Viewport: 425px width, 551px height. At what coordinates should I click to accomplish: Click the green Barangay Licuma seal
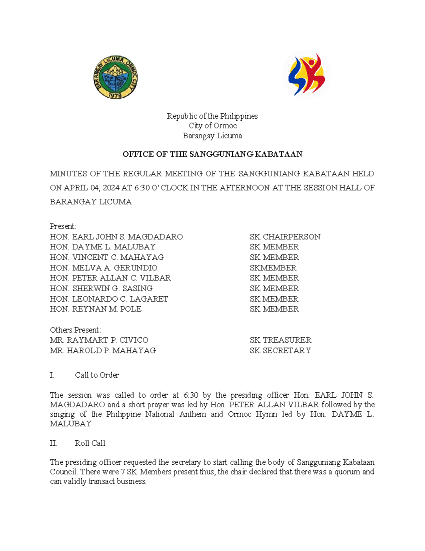click(115, 77)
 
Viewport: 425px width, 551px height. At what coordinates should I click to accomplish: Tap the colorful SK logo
click(306, 75)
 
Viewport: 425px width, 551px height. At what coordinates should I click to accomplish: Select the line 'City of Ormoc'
click(212, 126)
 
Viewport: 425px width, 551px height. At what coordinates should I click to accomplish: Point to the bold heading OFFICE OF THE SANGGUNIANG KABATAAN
click(212, 154)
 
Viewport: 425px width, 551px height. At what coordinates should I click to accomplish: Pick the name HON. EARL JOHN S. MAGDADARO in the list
click(116, 237)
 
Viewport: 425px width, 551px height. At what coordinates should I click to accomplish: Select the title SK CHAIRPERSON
click(285, 237)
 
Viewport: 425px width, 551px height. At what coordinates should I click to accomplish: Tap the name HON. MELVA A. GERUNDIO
click(103, 268)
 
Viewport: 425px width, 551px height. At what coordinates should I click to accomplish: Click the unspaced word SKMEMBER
click(273, 268)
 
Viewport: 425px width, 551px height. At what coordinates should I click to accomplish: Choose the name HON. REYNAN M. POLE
click(96, 309)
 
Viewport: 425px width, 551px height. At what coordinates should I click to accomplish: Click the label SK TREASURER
click(280, 340)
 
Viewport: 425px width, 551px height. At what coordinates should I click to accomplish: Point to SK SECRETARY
click(280, 351)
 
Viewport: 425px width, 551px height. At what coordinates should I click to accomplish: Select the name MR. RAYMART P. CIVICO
click(99, 340)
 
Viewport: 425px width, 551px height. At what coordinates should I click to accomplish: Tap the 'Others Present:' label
click(75, 330)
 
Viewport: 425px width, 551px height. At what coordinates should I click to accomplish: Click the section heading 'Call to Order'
click(97, 375)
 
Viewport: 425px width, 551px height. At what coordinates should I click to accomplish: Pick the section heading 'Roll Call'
click(90, 443)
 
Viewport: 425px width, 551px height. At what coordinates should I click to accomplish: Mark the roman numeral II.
click(53, 443)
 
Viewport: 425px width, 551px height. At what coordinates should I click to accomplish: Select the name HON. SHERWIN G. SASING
click(101, 288)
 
